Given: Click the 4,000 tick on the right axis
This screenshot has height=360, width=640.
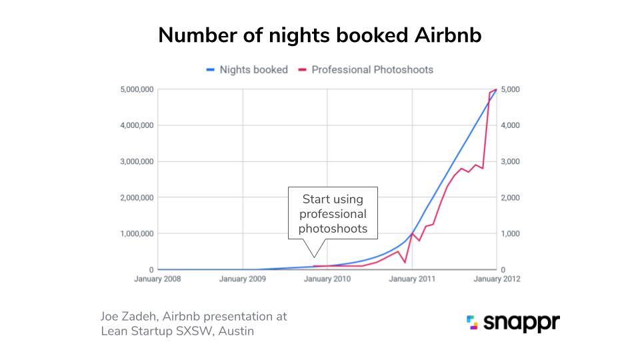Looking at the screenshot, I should coord(511,125).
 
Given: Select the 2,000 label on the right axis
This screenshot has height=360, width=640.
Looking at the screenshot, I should coord(511,197).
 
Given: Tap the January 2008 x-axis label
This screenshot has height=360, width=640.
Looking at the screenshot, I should coord(157,279).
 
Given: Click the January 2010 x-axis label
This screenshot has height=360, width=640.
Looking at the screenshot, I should coord(327,279).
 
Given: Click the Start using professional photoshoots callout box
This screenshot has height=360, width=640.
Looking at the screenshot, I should coord(333,213).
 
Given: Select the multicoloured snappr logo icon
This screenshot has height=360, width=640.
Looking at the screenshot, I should coord(473,323).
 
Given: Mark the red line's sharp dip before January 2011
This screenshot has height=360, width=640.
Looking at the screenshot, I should coord(405,262).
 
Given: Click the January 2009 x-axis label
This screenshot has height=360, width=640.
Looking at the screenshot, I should coord(243,279).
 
